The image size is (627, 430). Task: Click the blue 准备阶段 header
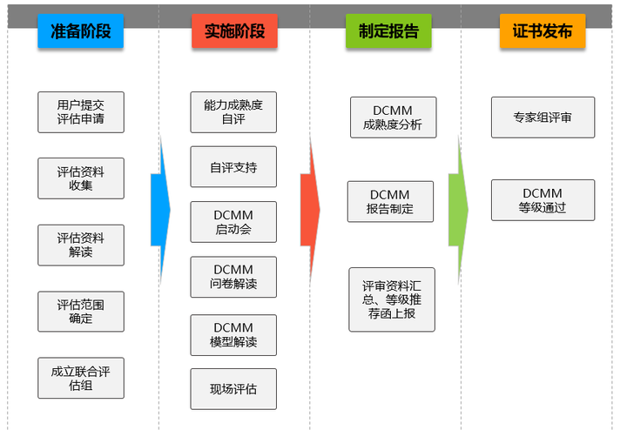coord(80,31)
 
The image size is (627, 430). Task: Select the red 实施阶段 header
coord(234,31)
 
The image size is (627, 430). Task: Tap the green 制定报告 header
coord(388,31)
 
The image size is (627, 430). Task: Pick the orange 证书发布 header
coord(542,31)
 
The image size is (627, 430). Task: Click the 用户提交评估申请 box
coord(81,112)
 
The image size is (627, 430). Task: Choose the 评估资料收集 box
coord(81,178)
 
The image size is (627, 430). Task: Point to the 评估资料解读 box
coord(81,245)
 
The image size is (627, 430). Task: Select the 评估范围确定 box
coord(81,311)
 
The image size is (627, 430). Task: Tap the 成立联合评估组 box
coord(81,378)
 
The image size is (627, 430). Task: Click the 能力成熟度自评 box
coord(233,111)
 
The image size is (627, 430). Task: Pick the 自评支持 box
coord(233,166)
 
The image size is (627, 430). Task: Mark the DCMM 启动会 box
coord(233,222)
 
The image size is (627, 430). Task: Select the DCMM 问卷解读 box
coord(233,277)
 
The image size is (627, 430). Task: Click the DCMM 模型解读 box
coord(233,335)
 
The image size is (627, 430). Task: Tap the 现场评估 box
coord(233,389)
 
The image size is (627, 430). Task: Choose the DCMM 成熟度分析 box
coord(393,118)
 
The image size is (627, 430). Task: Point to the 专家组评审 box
coord(543,118)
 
